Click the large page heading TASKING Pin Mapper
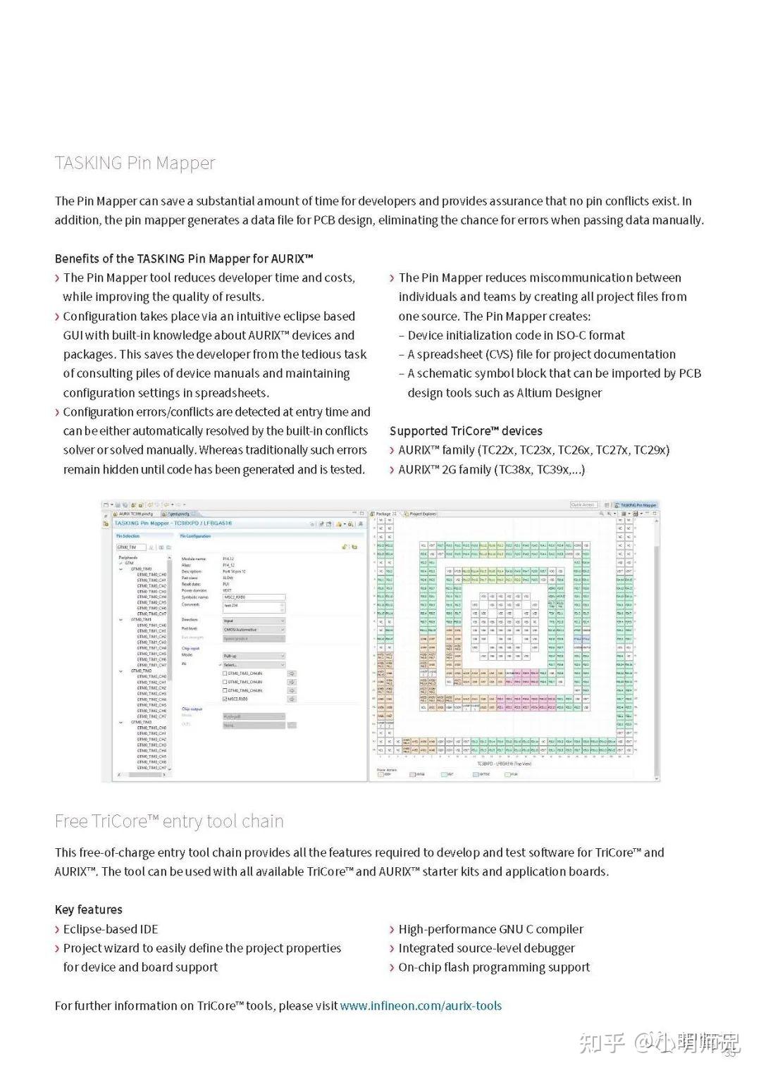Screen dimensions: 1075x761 coord(135,163)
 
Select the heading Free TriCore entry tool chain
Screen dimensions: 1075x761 coord(169,821)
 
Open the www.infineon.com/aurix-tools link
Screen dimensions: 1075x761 coord(421,1006)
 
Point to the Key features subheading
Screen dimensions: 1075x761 coord(88,909)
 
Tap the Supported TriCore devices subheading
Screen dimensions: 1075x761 coord(466,431)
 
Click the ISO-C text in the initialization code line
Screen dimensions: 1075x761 coord(567,335)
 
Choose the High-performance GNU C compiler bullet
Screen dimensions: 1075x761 coord(490,929)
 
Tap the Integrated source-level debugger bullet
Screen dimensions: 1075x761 coord(486,948)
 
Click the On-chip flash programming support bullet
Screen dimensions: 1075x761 coord(494,967)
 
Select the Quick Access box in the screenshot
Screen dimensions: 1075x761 coord(583,505)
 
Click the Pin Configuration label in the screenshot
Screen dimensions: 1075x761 coord(195,536)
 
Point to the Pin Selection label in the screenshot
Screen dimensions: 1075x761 coord(128,536)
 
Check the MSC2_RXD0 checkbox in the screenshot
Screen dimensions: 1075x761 coord(225,699)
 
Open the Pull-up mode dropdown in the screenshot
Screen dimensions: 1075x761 coord(254,655)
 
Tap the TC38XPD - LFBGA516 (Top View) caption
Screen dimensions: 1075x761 coord(504,764)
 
